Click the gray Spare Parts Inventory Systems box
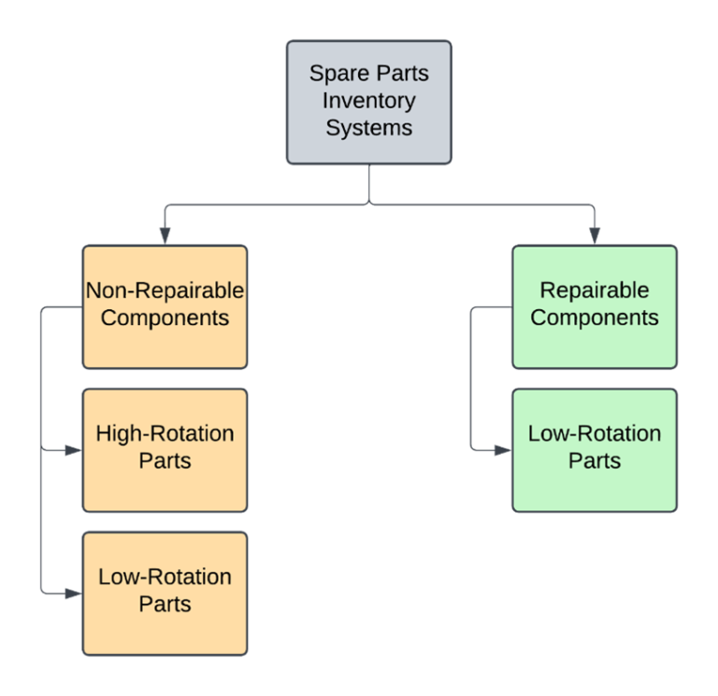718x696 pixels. [x=368, y=102]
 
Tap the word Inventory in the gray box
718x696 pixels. [x=369, y=100]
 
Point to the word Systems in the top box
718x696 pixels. [x=369, y=127]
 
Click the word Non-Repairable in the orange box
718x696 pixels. [x=165, y=291]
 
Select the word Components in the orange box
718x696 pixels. [x=165, y=318]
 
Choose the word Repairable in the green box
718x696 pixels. [x=594, y=291]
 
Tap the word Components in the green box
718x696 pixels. [x=594, y=318]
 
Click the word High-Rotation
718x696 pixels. [x=165, y=433]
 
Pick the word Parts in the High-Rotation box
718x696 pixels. [x=165, y=461]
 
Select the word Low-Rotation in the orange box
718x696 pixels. [x=165, y=576]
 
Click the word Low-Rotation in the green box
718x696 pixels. [x=594, y=433]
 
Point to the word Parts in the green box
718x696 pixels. [x=594, y=461]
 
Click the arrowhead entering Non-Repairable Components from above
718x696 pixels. [x=165, y=237]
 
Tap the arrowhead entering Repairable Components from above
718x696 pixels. [x=594, y=237]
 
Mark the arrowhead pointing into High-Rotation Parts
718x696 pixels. [x=74, y=450]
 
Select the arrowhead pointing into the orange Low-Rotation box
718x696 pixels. [x=74, y=592]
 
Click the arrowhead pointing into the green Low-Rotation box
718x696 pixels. [x=503, y=450]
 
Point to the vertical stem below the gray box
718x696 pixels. [x=369, y=182]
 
